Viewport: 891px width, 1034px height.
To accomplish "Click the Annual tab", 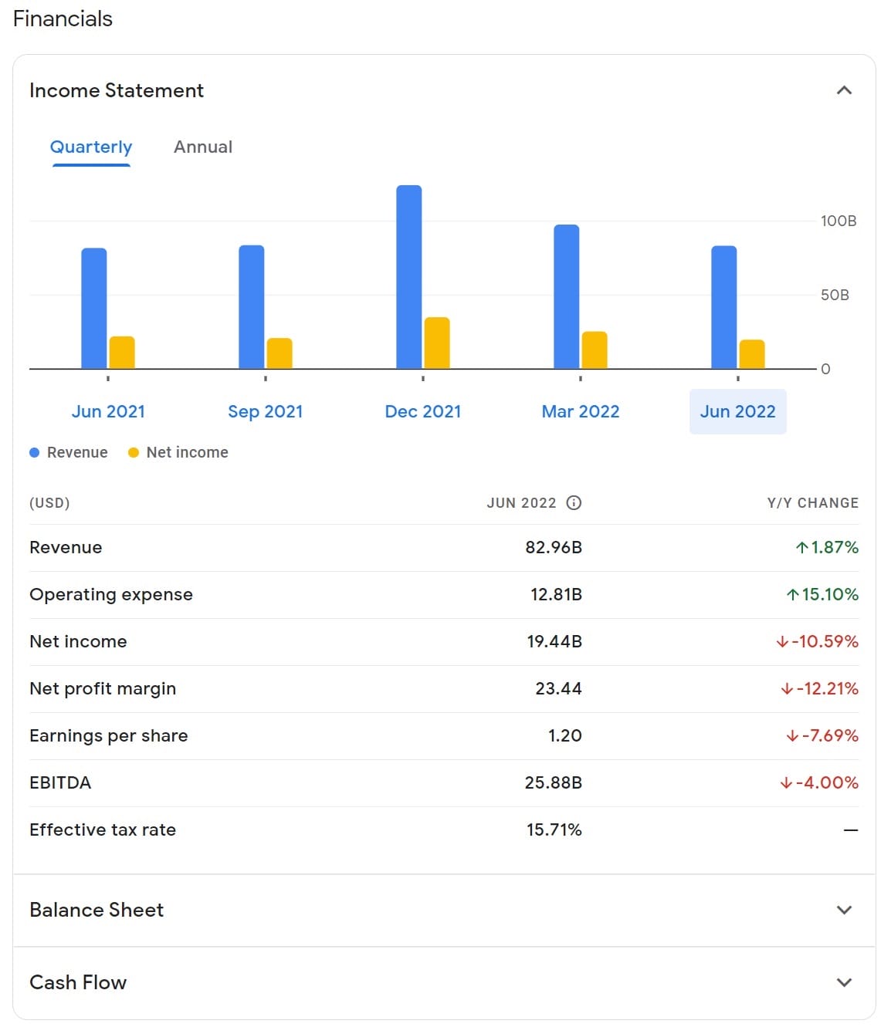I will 202,147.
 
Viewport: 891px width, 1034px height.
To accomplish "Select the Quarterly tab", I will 91,147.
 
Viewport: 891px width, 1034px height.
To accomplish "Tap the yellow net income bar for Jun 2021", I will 122,352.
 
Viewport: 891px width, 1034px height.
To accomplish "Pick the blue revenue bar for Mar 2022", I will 567,296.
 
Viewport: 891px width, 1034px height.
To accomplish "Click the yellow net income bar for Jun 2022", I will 752,353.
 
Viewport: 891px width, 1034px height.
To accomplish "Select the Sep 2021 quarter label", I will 266,411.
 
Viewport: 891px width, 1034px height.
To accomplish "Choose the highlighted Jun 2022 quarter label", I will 737,411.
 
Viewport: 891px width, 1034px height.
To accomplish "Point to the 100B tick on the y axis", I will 838,221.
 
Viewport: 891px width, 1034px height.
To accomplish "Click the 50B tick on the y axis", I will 835,295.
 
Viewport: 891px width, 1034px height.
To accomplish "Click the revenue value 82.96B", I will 554,547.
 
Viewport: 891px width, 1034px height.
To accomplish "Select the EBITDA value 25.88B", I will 553,782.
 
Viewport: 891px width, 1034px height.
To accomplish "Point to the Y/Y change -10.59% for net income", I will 818,641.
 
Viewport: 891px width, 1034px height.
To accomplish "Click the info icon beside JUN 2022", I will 574,503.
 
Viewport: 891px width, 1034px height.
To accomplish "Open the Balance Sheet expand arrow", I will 844,910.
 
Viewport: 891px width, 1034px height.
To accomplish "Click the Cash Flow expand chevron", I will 844,982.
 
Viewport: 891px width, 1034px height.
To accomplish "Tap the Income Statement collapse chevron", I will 844,90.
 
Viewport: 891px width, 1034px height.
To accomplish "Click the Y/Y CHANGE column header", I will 812,503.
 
